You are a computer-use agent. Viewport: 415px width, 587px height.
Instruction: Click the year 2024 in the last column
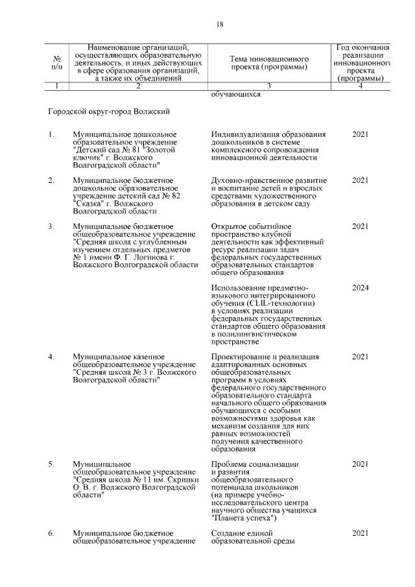coord(360,287)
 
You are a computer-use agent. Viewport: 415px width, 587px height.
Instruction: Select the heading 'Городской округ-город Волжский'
coord(109,112)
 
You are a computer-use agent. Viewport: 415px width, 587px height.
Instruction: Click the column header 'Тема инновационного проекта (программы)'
coord(268,62)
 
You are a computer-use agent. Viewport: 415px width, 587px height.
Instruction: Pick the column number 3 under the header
coord(268,86)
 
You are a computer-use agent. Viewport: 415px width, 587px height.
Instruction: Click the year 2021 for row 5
coord(360,464)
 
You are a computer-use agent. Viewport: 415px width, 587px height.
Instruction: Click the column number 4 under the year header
coord(360,86)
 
